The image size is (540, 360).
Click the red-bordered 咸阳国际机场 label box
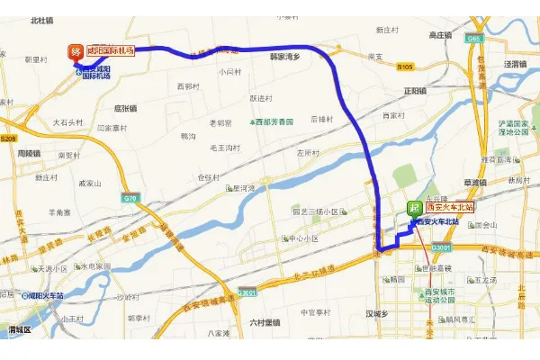[x=112, y=51]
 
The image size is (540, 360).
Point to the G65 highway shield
[x=473, y=39]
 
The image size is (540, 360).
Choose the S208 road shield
[x=9, y=139]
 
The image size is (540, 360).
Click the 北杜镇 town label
[x=42, y=19]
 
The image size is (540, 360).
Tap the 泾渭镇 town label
[x=515, y=64]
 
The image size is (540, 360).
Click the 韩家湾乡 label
[x=285, y=56]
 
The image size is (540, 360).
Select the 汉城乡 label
[x=375, y=313]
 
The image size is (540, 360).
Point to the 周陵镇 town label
[x=30, y=152]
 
